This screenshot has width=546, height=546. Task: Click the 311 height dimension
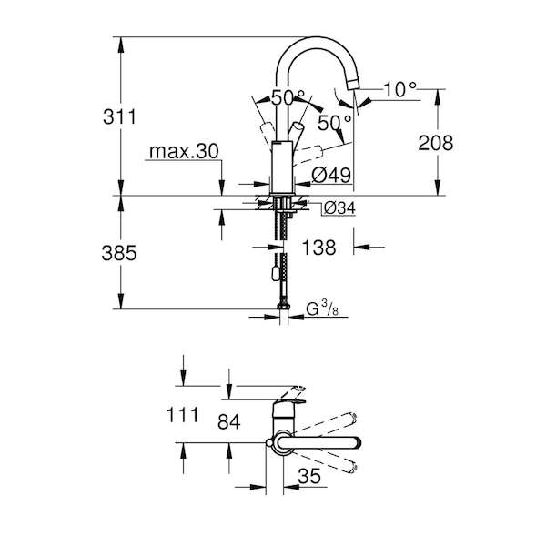(x=119, y=116)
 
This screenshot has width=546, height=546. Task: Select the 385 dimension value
(x=119, y=252)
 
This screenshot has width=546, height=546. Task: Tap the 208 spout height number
(x=436, y=143)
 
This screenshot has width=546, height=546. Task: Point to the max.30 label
(x=184, y=151)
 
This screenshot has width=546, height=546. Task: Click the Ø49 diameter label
(x=331, y=175)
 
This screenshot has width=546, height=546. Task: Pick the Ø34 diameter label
(x=339, y=208)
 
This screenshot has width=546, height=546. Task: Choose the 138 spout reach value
(x=319, y=248)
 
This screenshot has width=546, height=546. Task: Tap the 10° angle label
(x=399, y=89)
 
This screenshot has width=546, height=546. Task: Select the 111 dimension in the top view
(x=183, y=415)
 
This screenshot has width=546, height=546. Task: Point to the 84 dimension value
(x=228, y=421)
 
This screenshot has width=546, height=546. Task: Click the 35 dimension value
(x=309, y=475)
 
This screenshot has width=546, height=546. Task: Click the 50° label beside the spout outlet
(x=335, y=122)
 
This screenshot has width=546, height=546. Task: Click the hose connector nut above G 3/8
(x=283, y=306)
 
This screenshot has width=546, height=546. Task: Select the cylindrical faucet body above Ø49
(x=282, y=167)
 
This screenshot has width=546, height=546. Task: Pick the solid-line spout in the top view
(x=318, y=442)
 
